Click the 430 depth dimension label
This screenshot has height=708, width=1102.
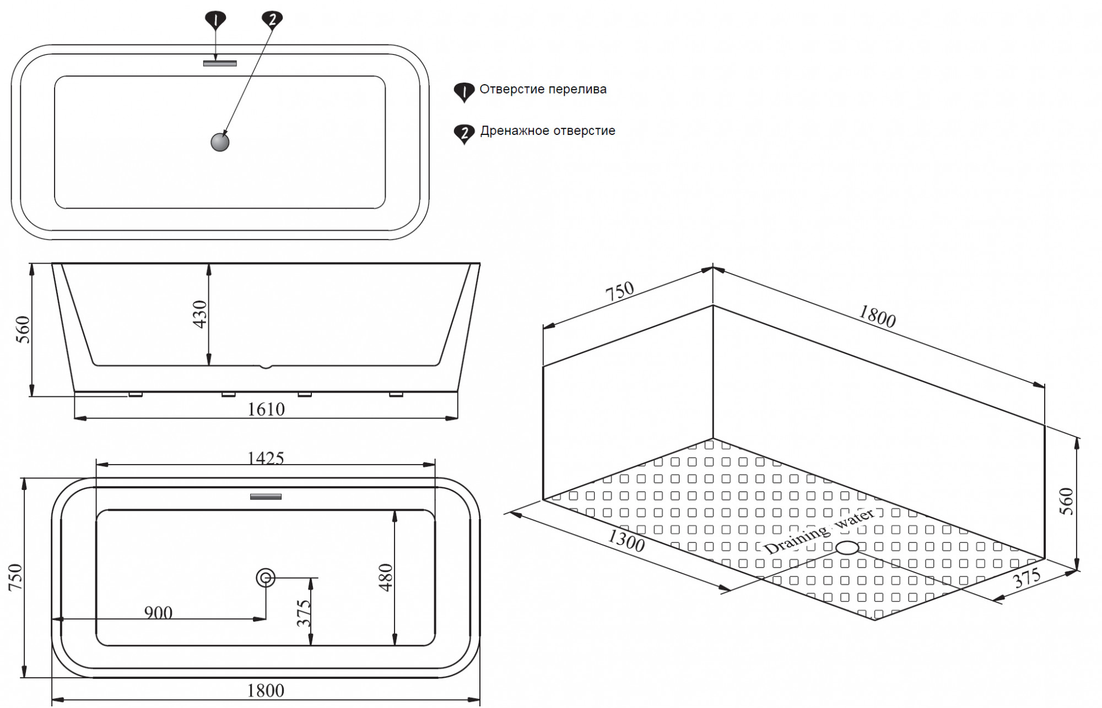(x=200, y=314)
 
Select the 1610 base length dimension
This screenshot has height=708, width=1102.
(x=266, y=409)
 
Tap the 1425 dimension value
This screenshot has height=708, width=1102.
(x=266, y=458)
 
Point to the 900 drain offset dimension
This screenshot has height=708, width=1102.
(x=158, y=612)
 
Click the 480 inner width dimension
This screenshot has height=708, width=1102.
(x=386, y=577)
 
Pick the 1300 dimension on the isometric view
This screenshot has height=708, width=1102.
(x=626, y=541)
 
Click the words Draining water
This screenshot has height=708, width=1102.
(x=819, y=531)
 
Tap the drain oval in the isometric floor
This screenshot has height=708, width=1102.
(x=847, y=547)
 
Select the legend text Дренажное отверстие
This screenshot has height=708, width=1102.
(x=548, y=131)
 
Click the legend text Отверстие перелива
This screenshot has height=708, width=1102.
(x=543, y=89)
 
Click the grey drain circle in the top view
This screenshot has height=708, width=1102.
(x=220, y=143)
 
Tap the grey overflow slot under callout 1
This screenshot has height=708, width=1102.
(x=220, y=63)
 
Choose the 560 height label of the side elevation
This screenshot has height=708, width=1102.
(x=23, y=329)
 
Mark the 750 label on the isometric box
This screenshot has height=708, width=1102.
(x=620, y=292)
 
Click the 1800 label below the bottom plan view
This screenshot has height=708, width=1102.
(x=266, y=690)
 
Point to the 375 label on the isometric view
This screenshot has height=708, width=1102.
(x=1027, y=578)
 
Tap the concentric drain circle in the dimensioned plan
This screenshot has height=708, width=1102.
(x=266, y=578)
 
